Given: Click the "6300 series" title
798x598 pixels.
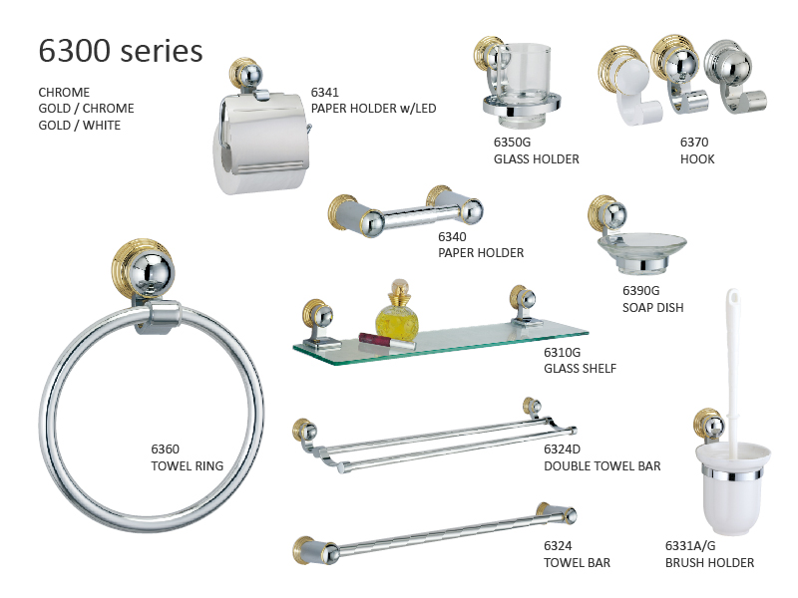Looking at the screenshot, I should pos(120,50).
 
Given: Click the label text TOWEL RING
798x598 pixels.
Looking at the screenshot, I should pos(187,465).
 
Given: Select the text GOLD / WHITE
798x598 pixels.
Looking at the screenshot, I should pos(79,125).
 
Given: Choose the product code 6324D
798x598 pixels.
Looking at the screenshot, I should pos(564,449).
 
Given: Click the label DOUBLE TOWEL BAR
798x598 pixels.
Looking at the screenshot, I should pos(601,465).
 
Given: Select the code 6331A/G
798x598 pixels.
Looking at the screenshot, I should pos(691,546).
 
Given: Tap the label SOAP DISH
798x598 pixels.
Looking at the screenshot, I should pos(652,307).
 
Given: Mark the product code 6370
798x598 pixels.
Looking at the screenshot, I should pos(694,143).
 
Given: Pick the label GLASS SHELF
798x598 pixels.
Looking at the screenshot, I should pos(580,368).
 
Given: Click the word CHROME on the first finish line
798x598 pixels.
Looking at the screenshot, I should pos(64,93).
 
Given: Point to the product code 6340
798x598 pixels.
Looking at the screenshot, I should pos(452,237).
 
